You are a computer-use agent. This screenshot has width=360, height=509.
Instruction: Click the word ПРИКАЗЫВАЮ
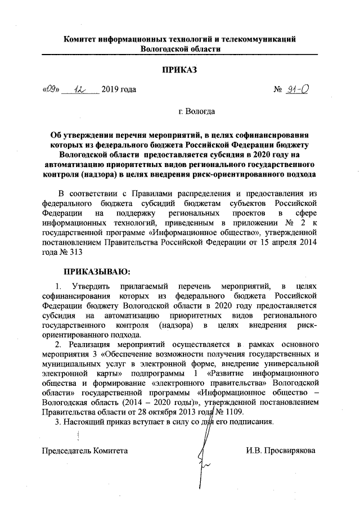point(97,272)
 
